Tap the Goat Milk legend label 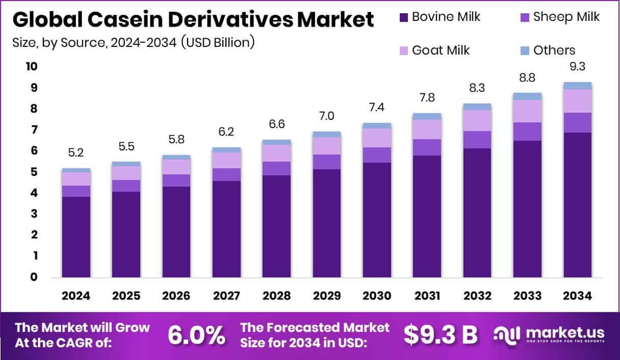(x=441, y=50)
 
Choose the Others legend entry (x=554, y=50)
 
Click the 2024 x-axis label (x=76, y=296)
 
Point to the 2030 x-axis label (x=377, y=296)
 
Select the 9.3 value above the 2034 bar (x=578, y=67)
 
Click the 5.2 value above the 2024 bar (x=76, y=153)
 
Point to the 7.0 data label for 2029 (x=327, y=116)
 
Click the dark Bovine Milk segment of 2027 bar (x=226, y=229)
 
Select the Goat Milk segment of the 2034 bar (x=578, y=101)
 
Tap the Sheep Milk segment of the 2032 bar (x=477, y=140)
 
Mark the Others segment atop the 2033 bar (x=527, y=96)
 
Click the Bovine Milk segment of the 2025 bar (x=126, y=235)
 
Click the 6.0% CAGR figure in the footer (x=197, y=335)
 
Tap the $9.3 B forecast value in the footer (x=441, y=335)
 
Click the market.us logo (x=549, y=335)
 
